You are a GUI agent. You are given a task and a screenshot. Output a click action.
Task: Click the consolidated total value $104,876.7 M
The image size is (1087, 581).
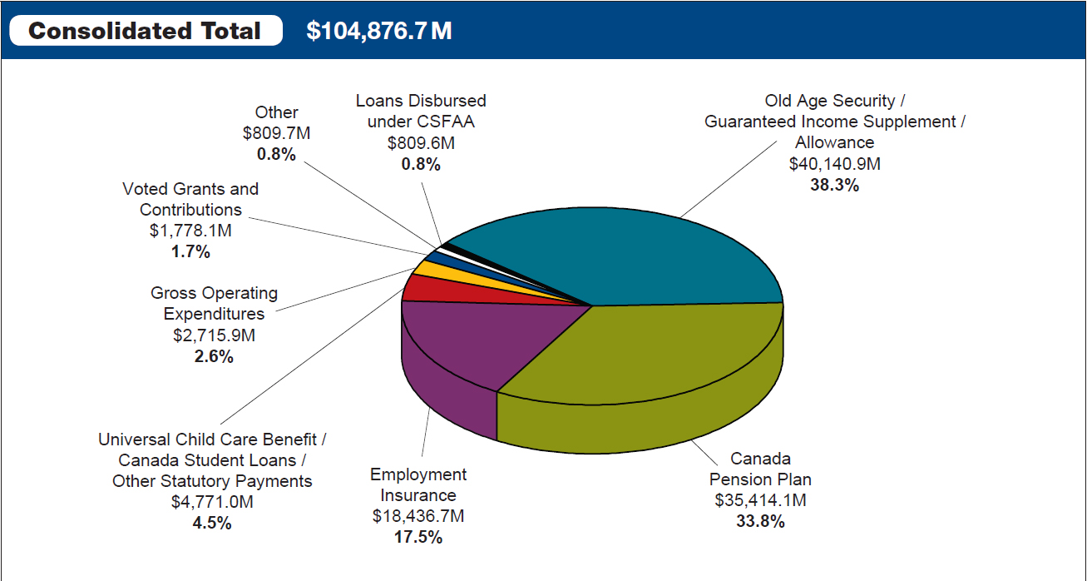[379, 31]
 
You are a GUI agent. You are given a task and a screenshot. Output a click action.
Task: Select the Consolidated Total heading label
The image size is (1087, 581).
[145, 31]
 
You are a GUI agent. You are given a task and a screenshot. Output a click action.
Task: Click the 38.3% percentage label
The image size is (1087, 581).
[834, 185]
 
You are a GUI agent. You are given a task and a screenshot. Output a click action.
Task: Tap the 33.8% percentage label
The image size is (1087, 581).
[760, 522]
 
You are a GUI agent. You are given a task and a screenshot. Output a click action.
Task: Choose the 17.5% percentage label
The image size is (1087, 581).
[418, 538]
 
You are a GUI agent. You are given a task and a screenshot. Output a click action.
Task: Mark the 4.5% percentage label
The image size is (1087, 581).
[212, 524]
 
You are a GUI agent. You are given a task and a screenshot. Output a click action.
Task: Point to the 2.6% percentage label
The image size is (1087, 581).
[214, 356]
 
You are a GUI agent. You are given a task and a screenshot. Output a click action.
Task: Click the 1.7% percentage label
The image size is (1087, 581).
[190, 252]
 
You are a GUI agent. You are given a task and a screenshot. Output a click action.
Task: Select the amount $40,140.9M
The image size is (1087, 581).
[834, 164]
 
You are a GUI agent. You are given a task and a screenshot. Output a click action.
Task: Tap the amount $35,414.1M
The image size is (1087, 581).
[760, 501]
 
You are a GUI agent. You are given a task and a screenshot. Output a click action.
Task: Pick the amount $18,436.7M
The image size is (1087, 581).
[418, 516]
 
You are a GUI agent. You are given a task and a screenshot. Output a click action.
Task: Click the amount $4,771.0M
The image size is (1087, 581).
[212, 502]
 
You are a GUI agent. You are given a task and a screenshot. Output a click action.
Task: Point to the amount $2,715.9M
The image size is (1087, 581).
[214, 335]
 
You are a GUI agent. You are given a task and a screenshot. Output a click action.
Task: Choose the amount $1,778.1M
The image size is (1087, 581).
[190, 231]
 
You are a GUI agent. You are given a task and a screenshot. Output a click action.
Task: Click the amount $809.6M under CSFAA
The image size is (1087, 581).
[421, 142]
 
